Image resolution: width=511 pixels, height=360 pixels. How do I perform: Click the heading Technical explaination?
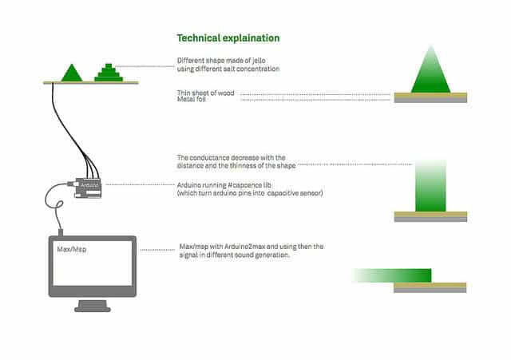(228, 38)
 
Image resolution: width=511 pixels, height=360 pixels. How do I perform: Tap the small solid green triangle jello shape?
(72, 74)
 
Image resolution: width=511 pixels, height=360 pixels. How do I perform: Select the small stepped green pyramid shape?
(109, 73)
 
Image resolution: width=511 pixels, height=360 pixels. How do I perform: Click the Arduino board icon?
(88, 188)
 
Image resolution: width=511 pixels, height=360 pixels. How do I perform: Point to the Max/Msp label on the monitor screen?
(72, 249)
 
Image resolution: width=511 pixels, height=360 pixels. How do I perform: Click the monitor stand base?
(93, 307)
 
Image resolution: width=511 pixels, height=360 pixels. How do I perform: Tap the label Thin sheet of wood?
(206, 93)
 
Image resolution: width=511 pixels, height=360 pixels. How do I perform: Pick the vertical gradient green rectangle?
(430, 186)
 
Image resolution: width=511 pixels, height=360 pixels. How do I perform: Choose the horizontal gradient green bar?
(391, 275)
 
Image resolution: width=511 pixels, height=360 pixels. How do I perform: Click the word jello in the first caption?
(257, 61)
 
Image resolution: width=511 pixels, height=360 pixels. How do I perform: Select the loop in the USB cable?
(60, 204)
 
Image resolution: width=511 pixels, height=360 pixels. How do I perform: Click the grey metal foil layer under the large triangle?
(430, 101)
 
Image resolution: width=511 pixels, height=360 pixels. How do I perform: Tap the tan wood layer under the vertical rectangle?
(430, 215)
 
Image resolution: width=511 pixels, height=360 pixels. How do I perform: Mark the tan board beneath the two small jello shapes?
(91, 83)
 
